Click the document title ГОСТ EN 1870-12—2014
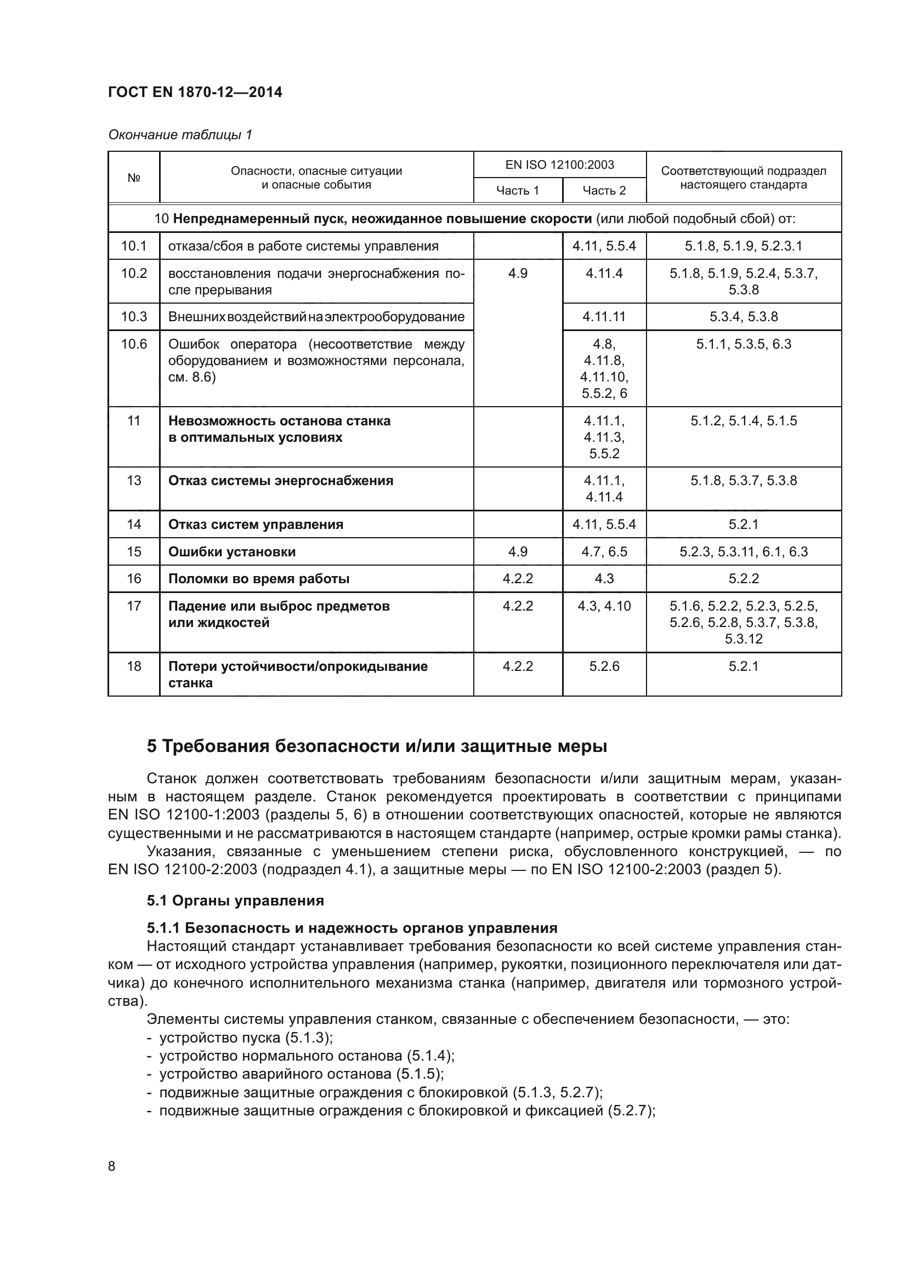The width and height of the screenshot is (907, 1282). click(195, 92)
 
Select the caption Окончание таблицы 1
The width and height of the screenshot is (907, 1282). click(180, 135)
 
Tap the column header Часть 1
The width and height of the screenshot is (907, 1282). click(517, 190)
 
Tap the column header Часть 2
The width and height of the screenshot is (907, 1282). click(604, 190)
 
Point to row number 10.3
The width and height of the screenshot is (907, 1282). click(133, 317)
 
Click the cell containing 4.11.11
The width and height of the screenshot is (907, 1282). click(604, 317)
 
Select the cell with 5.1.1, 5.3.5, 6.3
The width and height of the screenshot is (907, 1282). click(743, 344)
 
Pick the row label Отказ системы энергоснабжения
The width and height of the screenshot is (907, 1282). click(280, 481)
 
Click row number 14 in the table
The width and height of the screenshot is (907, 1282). click(133, 525)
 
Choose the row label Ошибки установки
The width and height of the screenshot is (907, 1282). click(232, 552)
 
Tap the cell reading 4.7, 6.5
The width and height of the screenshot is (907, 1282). click(604, 552)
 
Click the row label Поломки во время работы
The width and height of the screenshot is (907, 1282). click(259, 578)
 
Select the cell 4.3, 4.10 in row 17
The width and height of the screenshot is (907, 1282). click(604, 606)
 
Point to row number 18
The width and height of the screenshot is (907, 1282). click(133, 666)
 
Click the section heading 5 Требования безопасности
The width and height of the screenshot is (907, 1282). click(376, 746)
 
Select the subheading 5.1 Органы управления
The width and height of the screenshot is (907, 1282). click(235, 901)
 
